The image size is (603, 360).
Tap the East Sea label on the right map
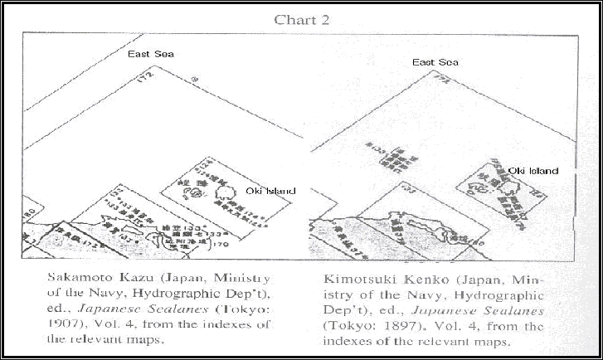click(x=436, y=62)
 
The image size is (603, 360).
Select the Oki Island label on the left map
click(x=266, y=191)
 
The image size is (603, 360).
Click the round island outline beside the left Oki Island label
click(x=225, y=192)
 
